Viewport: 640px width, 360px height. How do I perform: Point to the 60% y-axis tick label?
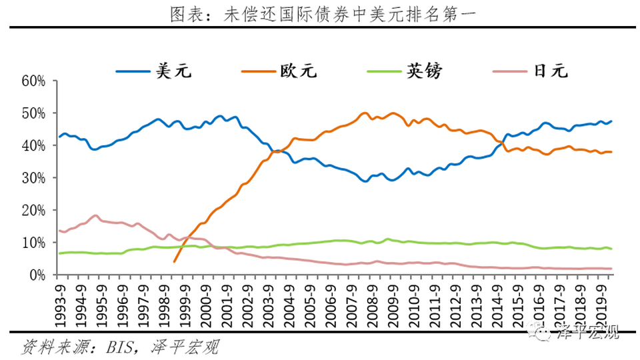click(x=33, y=81)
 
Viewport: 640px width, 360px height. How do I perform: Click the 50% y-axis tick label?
click(x=33, y=113)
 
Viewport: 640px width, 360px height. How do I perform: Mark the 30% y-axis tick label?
click(x=33, y=178)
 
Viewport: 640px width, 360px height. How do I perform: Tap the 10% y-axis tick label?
click(x=33, y=243)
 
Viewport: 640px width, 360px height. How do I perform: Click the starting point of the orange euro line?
click(x=174, y=261)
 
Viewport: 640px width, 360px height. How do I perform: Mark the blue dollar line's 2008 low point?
click(x=365, y=181)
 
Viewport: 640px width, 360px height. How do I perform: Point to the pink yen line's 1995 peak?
click(x=96, y=215)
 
